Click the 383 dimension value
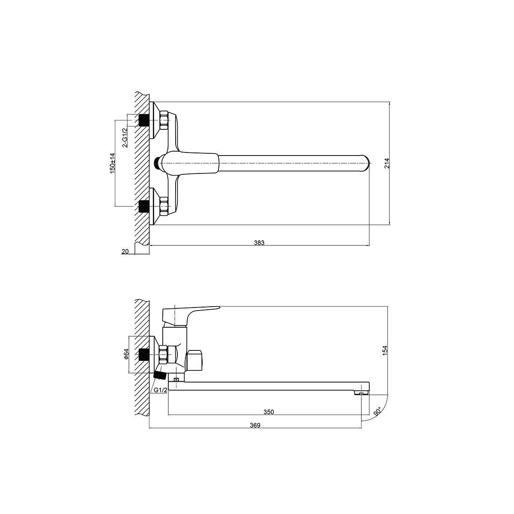(259, 243)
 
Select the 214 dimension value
(387, 163)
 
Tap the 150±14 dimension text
(113, 163)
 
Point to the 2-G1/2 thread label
(125, 137)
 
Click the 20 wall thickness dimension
(125, 251)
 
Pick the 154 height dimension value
(385, 350)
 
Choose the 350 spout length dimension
(269, 412)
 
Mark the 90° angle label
(378, 412)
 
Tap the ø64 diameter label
(126, 354)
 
